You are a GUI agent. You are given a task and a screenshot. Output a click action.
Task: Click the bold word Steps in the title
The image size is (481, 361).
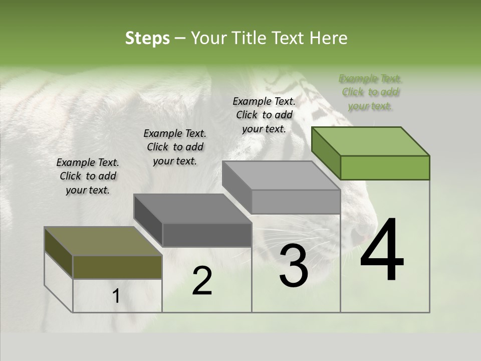pyautogui.click(x=147, y=38)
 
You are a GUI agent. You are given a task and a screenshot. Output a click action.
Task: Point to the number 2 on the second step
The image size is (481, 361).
pyautogui.click(x=202, y=281)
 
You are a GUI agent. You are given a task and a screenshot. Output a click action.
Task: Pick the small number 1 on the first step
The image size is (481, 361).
pyautogui.click(x=116, y=296)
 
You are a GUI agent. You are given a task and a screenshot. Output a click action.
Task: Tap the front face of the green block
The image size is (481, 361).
pyautogui.click(x=385, y=167)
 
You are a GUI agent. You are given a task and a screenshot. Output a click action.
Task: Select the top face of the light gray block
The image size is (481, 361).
pyautogui.click(x=281, y=175)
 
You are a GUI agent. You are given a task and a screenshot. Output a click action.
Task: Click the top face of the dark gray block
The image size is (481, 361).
pyautogui.click(x=192, y=209)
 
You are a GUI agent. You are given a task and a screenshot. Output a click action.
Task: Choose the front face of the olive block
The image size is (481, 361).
pyautogui.click(x=117, y=267)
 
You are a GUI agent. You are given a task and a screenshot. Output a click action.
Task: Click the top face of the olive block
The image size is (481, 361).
pyautogui.click(x=103, y=241)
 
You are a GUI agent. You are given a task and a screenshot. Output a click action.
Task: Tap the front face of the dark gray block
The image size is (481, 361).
pyautogui.click(x=207, y=235)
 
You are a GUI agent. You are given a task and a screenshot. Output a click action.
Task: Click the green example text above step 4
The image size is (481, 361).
pyautogui.click(x=371, y=92)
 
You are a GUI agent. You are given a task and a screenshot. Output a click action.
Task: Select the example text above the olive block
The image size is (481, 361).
pyautogui.click(x=88, y=176)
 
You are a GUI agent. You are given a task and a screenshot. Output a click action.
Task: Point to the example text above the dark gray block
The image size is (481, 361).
pyautogui.click(x=175, y=147)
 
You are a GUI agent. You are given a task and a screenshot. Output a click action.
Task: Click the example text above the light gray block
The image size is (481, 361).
pyautogui.click(x=264, y=115)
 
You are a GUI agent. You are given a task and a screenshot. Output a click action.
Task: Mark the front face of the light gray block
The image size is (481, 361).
pyautogui.click(x=296, y=202)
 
